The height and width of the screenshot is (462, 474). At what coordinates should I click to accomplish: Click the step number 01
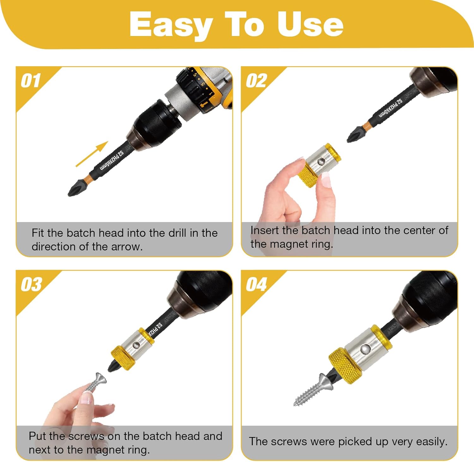coord(31,81)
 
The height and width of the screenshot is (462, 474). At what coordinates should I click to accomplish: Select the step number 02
coord(256,81)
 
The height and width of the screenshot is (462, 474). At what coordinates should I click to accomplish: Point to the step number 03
coord(31,285)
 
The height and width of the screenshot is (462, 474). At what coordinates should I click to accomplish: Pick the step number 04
coord(256,285)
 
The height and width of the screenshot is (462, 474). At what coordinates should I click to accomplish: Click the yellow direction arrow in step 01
coord(92,154)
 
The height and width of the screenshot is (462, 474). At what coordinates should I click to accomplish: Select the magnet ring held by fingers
coord(319,165)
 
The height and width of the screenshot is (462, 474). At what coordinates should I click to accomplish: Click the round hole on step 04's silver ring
coord(366,349)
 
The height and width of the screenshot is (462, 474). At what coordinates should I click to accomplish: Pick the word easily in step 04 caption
coord(432,442)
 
